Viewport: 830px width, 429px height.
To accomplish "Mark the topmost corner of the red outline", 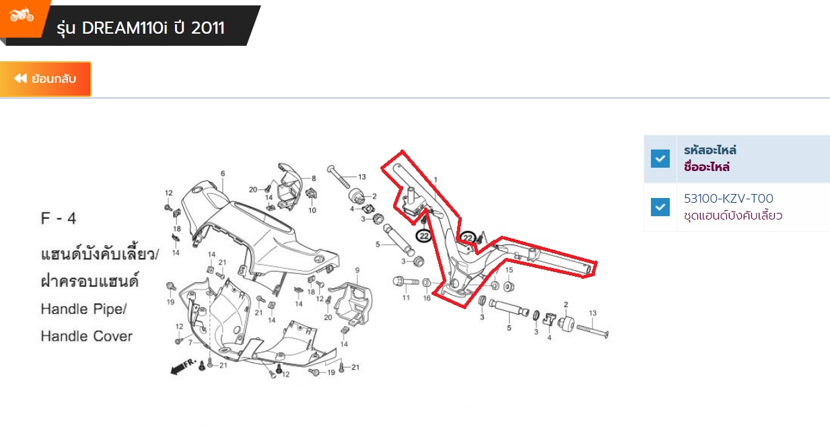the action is pos(403,151).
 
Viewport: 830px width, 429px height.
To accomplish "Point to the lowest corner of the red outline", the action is pos(464,307).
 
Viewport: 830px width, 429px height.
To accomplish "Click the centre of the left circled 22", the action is pos(424,236).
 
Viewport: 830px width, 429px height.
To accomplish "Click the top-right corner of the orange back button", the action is pos(91,62).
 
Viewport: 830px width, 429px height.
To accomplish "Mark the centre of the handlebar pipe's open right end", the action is pos(588,269).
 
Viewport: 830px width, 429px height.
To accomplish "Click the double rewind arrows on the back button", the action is pos(20,79).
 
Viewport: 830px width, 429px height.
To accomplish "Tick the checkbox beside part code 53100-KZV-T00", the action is pos(660,207).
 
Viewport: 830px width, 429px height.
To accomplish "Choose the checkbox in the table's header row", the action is pos(660,159).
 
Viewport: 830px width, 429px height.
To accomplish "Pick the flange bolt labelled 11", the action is pos(406,282).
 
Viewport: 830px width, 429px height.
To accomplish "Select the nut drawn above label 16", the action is pos(426,283).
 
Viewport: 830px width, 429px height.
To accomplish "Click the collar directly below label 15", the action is pos(509,286).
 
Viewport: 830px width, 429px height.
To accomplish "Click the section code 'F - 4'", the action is pos(59,218).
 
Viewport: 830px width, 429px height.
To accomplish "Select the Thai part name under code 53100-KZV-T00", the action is pos(733,216).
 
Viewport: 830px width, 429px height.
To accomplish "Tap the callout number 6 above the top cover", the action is pos(223,173).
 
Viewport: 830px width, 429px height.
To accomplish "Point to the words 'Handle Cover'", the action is pos(87,336).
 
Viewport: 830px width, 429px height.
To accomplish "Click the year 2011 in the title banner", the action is pos(208,28).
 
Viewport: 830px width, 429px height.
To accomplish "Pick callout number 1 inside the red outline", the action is pos(436,180).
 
